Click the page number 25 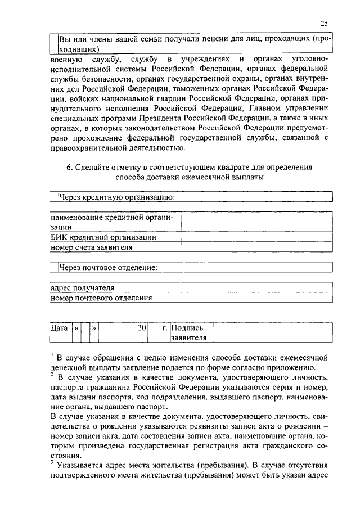coord(323,23)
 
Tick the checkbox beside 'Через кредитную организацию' coord(54,197)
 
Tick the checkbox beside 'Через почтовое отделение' coord(54,267)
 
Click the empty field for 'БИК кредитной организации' coord(256,237)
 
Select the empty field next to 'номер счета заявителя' coord(256,247)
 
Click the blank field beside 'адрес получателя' coord(256,288)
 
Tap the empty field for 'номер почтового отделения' coord(256,298)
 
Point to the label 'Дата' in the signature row coord(59,328)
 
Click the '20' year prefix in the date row coord(142,328)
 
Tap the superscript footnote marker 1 coord(52,354)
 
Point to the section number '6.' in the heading coord(70,167)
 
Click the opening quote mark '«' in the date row coord(76,328)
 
